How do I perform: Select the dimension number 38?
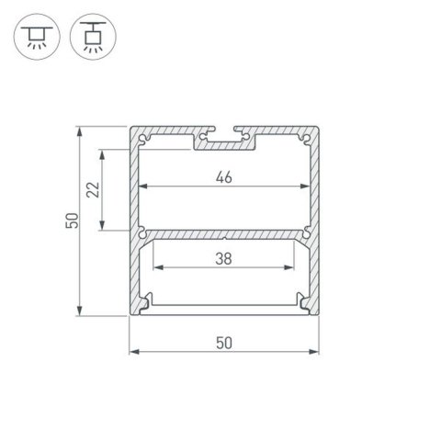[223, 259]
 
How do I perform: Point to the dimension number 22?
[91, 190]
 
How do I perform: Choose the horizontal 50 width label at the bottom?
[223, 343]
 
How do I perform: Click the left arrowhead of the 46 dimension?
[142, 188]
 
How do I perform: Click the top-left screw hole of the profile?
[145, 139]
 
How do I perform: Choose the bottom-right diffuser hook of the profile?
[300, 300]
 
